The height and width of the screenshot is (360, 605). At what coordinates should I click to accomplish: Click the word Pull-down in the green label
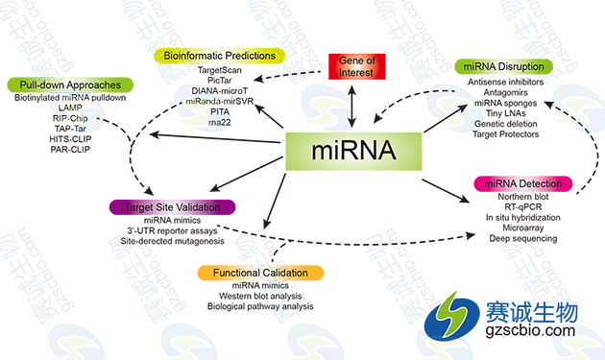(x=42, y=86)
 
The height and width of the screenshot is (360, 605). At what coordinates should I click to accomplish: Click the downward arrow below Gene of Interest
(x=352, y=113)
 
